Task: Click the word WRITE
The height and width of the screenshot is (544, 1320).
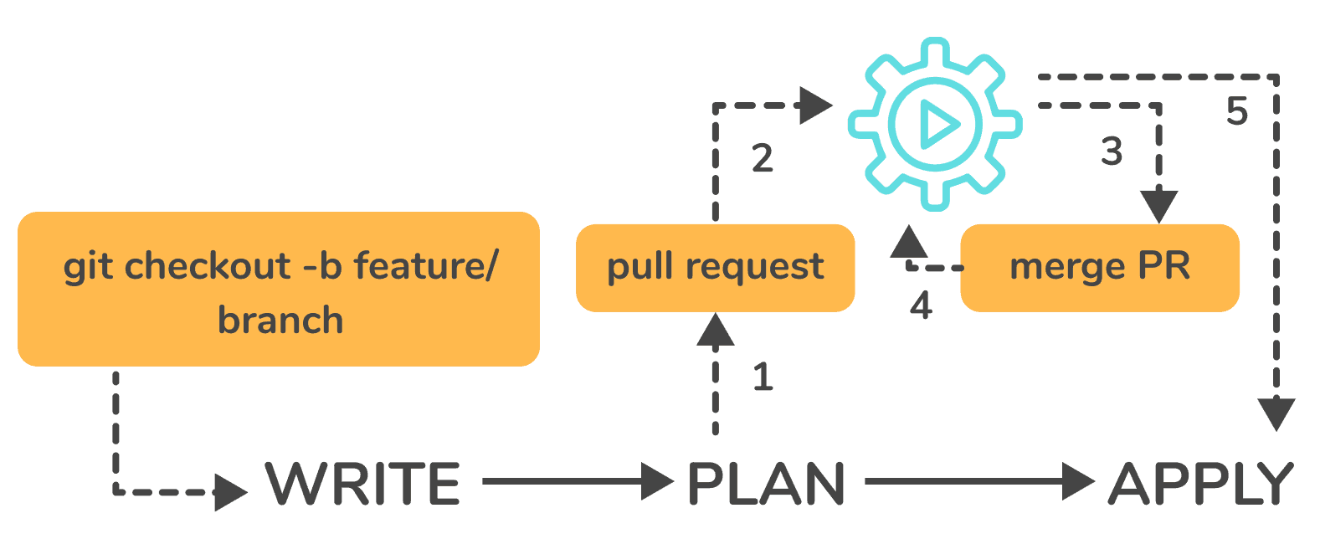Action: coord(362,484)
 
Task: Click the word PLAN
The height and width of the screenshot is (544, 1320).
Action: coord(765,484)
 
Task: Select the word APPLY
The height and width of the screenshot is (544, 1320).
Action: coord(1200,484)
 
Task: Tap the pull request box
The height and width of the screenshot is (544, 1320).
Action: coord(715,268)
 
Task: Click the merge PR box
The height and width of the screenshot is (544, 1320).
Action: coord(1099,268)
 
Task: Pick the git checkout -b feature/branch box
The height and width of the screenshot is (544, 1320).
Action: coord(278,289)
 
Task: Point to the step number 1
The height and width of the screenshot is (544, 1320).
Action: coord(763,377)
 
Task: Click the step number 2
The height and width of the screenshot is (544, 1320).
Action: coord(762,158)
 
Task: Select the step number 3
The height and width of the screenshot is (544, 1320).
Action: coord(1112,151)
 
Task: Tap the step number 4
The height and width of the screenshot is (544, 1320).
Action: coord(921,305)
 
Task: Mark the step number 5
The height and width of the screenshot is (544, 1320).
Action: coord(1237,111)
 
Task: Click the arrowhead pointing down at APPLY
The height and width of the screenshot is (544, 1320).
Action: coord(1276,414)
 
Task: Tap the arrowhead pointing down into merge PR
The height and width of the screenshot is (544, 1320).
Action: coord(1159,206)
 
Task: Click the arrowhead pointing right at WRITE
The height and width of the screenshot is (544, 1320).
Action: coord(230,492)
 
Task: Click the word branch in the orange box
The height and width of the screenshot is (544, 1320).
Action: coord(280,321)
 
